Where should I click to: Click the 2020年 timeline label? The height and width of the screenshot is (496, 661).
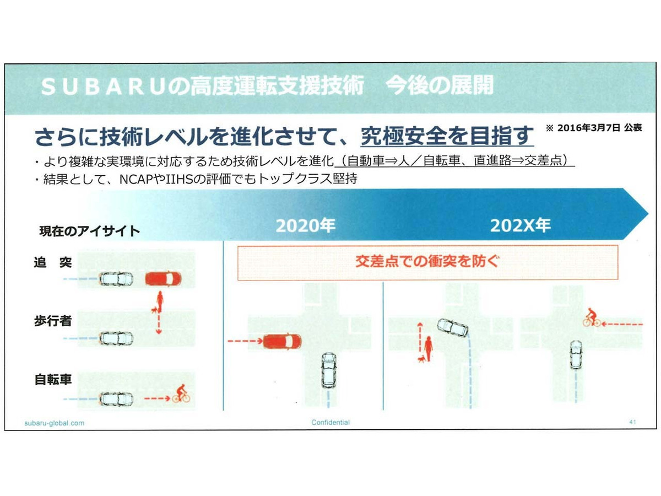305,225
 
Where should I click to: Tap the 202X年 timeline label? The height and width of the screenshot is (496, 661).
521,225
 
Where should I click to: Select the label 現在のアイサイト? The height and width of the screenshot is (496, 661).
89,231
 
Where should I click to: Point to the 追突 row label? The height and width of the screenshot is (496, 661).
53,262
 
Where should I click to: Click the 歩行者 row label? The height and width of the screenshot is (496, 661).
53,321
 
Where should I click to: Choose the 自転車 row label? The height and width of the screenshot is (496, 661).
53,380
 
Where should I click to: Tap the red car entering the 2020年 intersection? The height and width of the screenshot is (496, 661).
282,342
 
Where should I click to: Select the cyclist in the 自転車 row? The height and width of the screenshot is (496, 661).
181,393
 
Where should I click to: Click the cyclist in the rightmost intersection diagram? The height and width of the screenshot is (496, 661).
591,317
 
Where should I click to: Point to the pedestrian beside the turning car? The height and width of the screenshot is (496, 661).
428,349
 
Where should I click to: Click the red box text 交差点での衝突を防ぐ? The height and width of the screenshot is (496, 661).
427,262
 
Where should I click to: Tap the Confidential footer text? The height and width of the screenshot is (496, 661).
330,423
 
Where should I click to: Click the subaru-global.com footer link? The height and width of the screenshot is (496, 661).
54,423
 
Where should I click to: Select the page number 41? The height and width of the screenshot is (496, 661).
632,422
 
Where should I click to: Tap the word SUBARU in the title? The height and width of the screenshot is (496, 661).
103,87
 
